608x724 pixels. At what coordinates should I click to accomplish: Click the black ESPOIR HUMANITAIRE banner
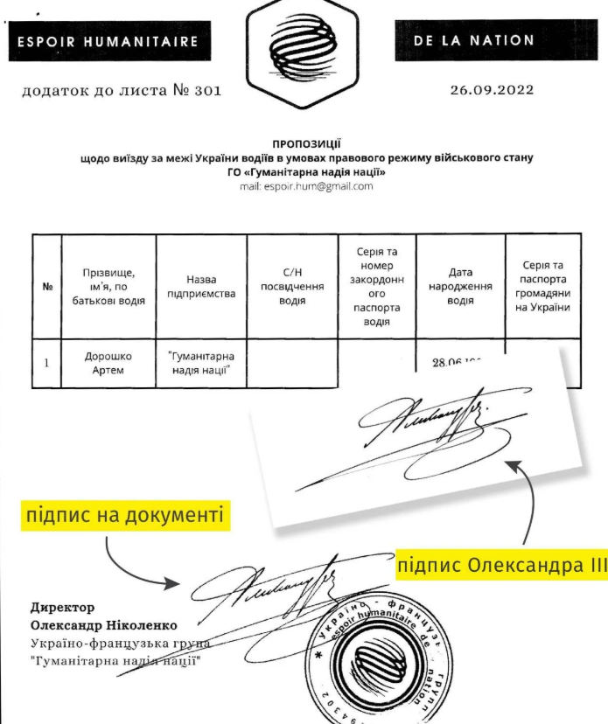[x=109, y=41]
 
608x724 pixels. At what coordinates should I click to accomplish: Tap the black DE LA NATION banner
[x=487, y=40]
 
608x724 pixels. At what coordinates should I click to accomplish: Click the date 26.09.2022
[x=491, y=89]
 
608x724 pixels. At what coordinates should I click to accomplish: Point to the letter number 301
[x=208, y=89]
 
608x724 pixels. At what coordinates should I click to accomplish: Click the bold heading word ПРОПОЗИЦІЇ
[x=305, y=144]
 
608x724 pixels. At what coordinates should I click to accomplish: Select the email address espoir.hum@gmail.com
[x=305, y=186]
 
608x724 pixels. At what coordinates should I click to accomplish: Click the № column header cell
[x=46, y=287]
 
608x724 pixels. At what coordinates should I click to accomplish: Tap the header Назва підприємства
[x=201, y=286]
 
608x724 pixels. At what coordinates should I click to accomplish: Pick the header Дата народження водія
[x=460, y=286]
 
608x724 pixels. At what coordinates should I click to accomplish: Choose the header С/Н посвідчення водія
[x=291, y=286]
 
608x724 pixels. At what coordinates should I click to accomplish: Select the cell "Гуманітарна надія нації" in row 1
[x=201, y=363]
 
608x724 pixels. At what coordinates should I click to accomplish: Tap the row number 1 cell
[x=46, y=362]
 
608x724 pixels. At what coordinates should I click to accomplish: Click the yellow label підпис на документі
[x=125, y=515]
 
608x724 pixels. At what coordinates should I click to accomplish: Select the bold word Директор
[x=62, y=607]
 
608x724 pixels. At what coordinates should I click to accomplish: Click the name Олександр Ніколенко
[x=103, y=625]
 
